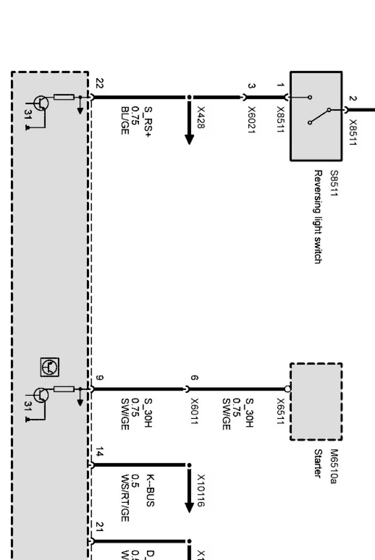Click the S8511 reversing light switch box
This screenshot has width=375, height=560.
click(x=316, y=116)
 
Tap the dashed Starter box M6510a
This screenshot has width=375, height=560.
click(x=316, y=402)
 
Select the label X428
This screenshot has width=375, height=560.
click(x=201, y=117)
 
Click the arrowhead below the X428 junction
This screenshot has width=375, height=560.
click(x=189, y=139)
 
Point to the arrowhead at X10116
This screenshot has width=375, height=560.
click(x=189, y=507)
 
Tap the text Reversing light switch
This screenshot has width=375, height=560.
click(x=318, y=216)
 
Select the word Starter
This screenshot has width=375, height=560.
click(x=318, y=463)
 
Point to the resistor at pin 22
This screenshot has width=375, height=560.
click(x=64, y=98)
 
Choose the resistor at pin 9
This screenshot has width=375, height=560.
click(x=64, y=389)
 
